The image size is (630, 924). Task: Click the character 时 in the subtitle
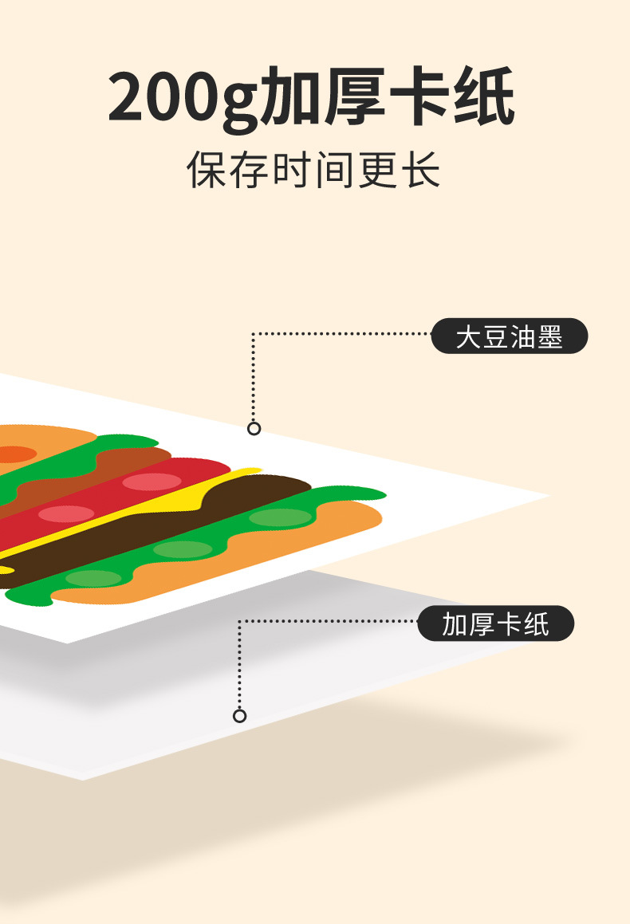click(293, 171)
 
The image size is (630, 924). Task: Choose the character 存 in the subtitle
click(250, 171)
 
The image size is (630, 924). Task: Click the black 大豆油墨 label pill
click(509, 336)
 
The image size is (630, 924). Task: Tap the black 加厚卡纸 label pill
click(495, 623)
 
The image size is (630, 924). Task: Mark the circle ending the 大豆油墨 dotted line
click(254, 429)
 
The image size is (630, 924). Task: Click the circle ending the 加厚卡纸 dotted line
click(239, 716)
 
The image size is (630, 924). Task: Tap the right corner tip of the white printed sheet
click(547, 497)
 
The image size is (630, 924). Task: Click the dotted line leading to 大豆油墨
click(343, 334)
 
